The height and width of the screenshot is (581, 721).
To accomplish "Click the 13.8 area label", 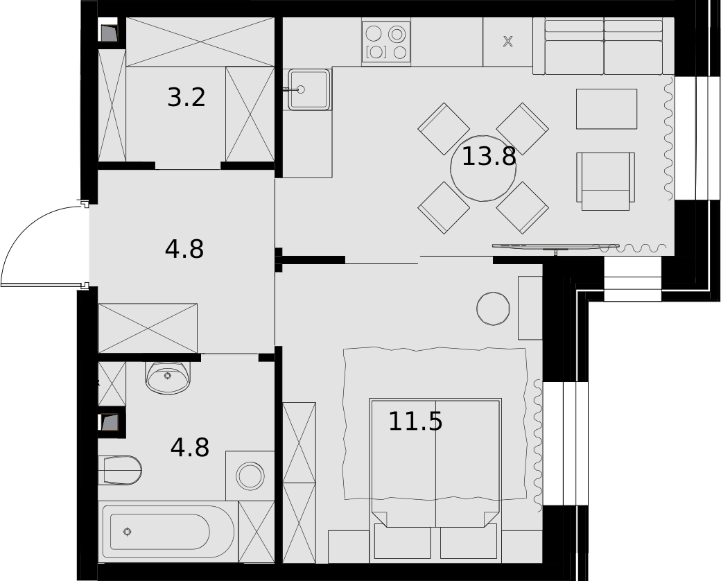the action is tap(489, 157).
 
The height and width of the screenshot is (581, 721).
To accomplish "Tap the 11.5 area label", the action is tap(415, 422).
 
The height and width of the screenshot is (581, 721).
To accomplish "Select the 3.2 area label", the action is tap(186, 98).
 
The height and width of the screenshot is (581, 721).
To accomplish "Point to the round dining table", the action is tap(483, 168).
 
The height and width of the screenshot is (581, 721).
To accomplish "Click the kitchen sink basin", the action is tap(309, 89).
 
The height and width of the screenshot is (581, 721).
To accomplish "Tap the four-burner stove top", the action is tap(386, 42).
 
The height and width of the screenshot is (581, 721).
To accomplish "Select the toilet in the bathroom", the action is tap(119, 470).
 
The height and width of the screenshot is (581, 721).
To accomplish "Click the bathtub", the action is tap(168, 531).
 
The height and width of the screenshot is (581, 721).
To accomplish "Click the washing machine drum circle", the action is tap(250, 476).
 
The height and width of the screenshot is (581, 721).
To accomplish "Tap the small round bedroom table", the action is tap(494, 309).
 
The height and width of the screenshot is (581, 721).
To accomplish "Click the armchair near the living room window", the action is tap(606, 181).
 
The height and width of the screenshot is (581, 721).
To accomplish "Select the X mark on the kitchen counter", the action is tap(507, 42).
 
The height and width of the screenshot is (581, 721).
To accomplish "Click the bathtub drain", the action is tap(128, 532).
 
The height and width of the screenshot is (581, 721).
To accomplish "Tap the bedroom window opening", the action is tap(565, 444).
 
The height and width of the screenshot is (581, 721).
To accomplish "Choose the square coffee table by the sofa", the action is tap(607, 109).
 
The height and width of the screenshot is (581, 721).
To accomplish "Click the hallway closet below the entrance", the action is tap(148, 329).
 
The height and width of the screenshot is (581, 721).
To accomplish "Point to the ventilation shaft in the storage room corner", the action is tap(110, 33).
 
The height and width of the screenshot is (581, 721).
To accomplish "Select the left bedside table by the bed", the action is tap(349, 546).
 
